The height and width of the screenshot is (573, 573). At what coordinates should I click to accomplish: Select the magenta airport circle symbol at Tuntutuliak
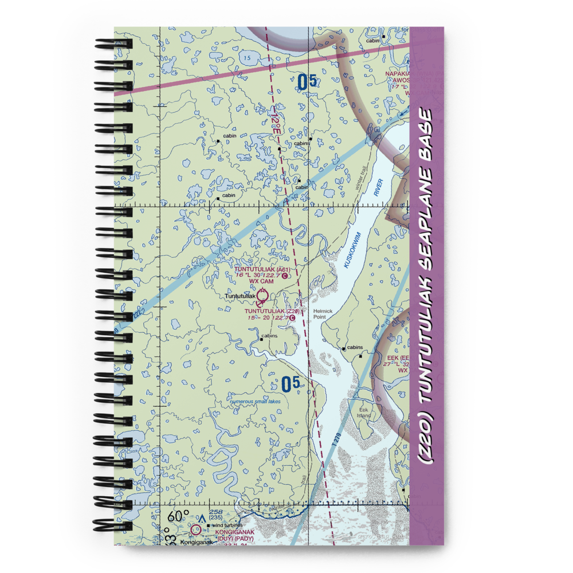[x=262, y=296]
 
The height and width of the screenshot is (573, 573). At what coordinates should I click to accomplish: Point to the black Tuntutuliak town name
[x=240, y=296]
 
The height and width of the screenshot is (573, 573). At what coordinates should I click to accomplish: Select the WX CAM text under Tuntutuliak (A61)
[x=261, y=281]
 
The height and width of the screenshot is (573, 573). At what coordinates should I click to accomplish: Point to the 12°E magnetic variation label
[x=277, y=123]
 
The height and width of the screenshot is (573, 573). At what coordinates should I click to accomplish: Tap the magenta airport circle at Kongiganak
[x=197, y=530]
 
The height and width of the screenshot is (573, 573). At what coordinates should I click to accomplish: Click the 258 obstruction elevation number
[x=216, y=512]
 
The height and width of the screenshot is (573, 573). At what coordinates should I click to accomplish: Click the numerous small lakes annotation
[x=255, y=402]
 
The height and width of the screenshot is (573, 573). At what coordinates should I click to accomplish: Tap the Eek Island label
[x=364, y=413]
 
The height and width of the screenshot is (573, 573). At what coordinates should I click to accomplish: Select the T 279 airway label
[x=336, y=441]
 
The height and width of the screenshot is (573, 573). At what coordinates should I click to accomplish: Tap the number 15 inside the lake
[x=246, y=58]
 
